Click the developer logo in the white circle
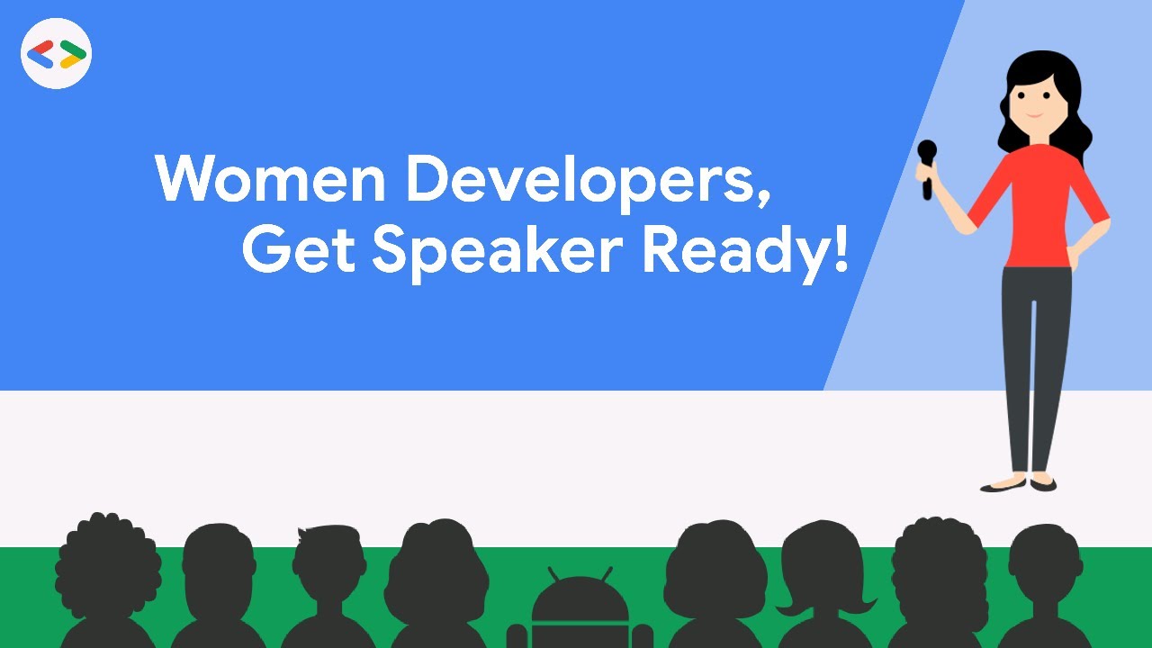tap(57, 54)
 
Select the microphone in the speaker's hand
tap(927, 166)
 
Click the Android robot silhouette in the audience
tap(580, 612)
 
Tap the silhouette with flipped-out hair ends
tap(823, 576)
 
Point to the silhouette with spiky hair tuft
tap(329, 576)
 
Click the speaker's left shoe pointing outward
tap(1002, 486)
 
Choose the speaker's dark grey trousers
tap(1035, 360)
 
